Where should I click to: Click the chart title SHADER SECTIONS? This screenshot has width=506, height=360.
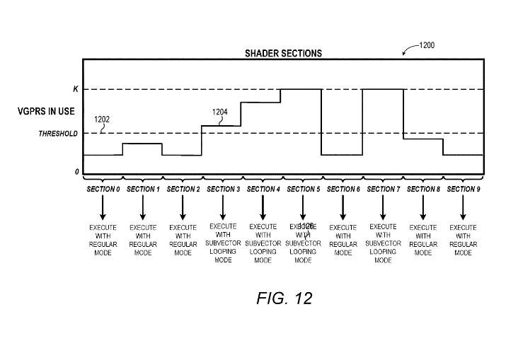(283, 53)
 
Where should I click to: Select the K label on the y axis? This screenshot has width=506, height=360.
(75, 89)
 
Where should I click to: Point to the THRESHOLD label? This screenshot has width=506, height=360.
(57, 134)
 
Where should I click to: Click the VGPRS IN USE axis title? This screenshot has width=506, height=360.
(47, 112)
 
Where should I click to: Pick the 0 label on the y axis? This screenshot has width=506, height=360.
(76, 172)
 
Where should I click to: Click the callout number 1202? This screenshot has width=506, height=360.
(103, 120)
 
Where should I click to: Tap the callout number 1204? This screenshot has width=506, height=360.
(222, 111)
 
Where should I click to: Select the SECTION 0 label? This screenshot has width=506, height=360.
(103, 190)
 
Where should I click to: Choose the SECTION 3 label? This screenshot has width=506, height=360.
(223, 190)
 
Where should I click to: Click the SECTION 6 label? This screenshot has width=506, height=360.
(343, 190)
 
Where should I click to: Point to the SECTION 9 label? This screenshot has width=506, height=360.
(463, 190)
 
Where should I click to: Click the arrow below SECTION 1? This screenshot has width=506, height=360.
(143, 207)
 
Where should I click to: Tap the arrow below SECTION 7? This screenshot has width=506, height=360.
(383, 207)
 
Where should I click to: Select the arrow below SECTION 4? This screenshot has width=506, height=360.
(263, 207)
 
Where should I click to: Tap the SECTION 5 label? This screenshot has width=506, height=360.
(303, 190)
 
